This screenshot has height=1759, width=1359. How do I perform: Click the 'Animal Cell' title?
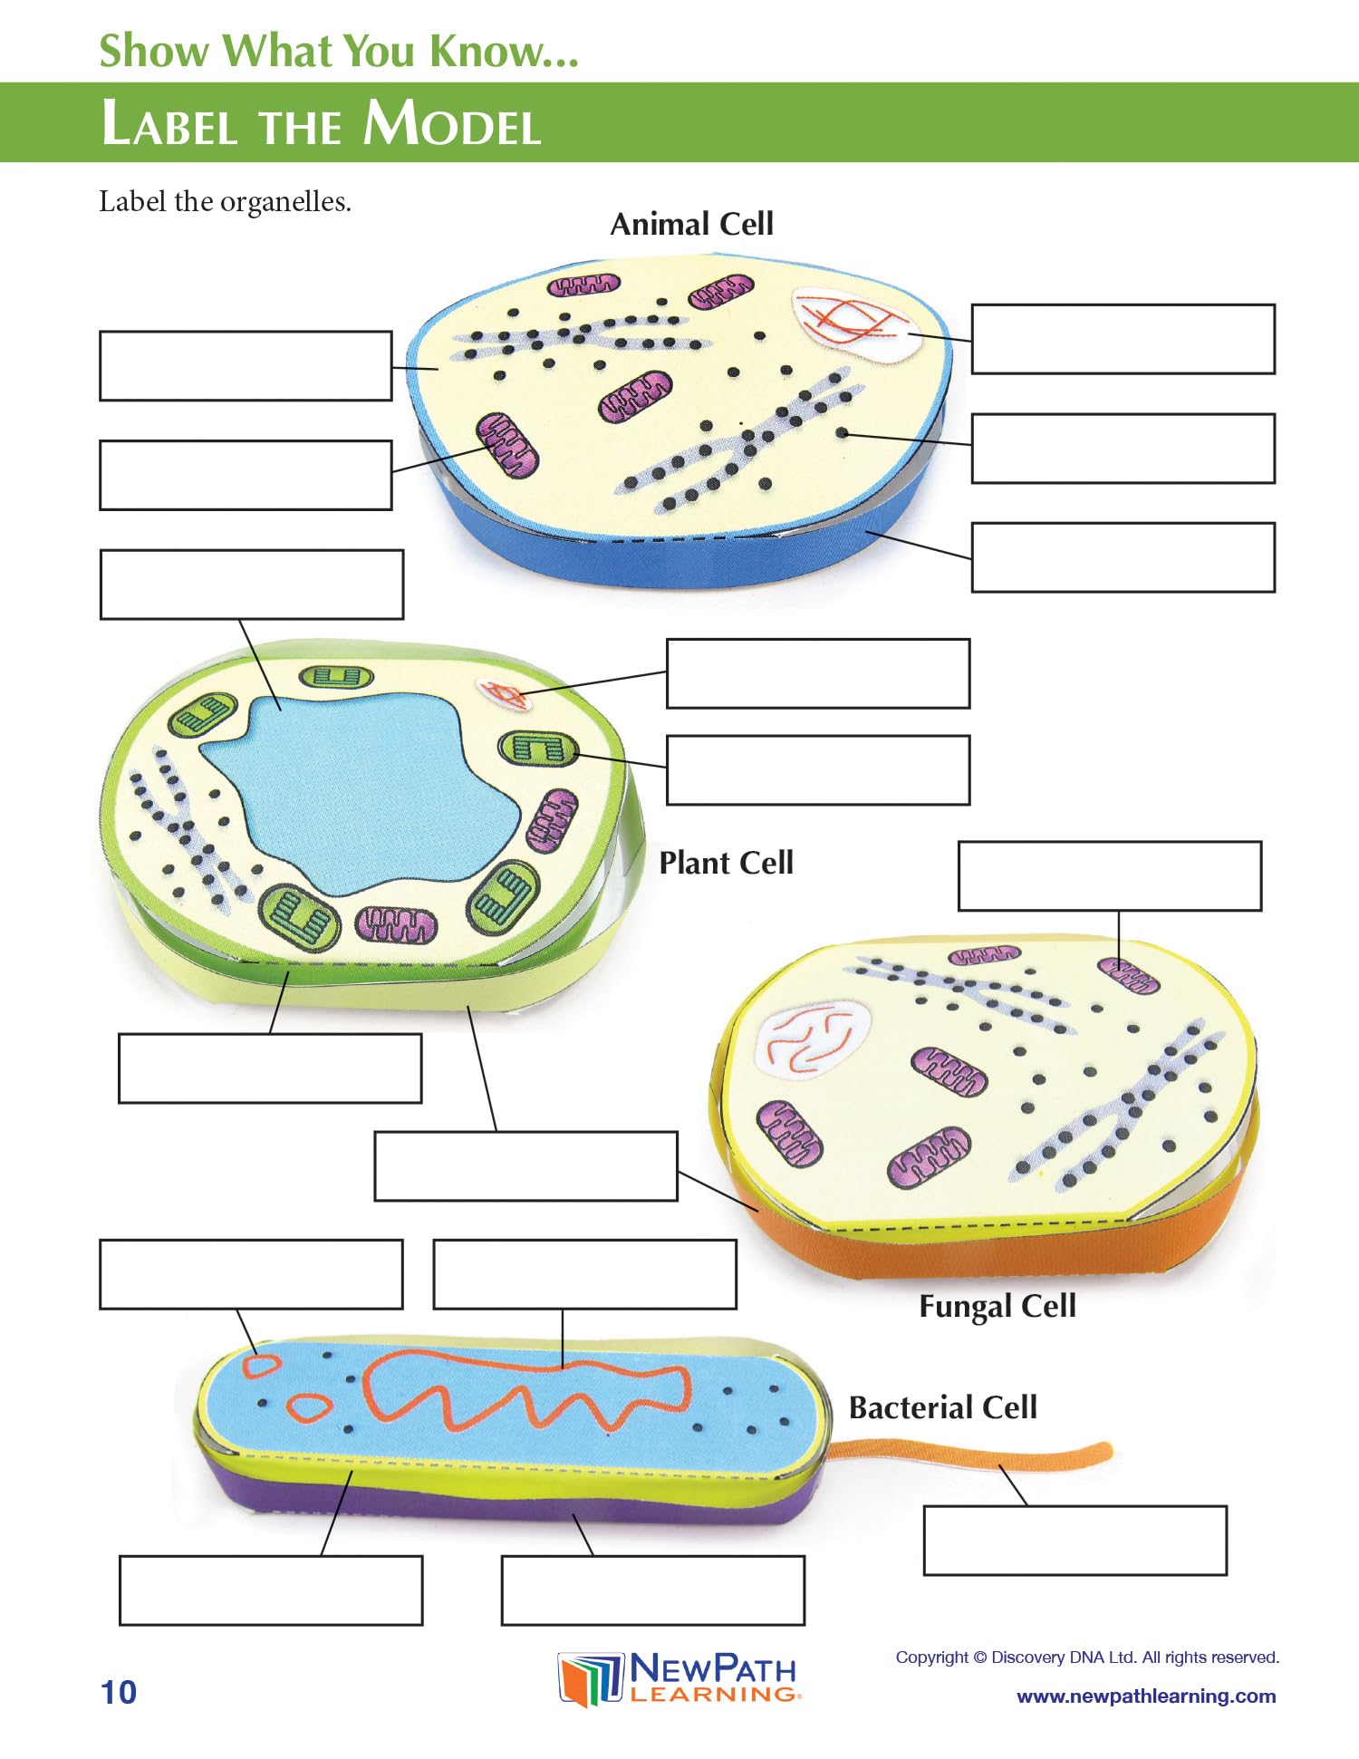(691, 224)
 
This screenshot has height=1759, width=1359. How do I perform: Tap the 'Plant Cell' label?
(726, 863)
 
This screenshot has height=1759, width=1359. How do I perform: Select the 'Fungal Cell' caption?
(998, 1306)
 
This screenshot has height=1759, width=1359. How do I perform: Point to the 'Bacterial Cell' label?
(942, 1407)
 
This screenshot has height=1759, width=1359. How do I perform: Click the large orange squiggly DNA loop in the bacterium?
(525, 1387)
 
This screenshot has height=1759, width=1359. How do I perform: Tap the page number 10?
(119, 1692)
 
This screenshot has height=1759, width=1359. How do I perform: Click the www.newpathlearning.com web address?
(1146, 1696)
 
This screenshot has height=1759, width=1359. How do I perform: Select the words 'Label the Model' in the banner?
(322, 123)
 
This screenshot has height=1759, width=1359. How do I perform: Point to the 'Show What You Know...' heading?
(339, 51)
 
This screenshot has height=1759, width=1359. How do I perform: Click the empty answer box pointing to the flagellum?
(1075, 1541)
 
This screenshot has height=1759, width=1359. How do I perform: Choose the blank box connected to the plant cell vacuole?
(251, 585)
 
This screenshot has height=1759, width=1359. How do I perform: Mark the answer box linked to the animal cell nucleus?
(1123, 339)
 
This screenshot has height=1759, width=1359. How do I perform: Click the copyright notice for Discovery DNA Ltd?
(1087, 1658)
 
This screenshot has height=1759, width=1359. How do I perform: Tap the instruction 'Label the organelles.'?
(225, 201)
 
